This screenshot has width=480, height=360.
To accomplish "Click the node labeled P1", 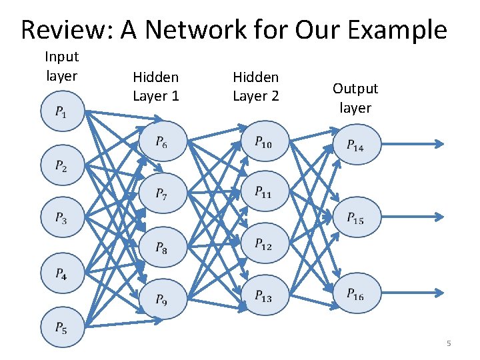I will [x=61, y=112].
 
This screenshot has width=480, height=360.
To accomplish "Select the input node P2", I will [x=61, y=166].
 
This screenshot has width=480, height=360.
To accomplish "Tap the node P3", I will [x=61, y=219].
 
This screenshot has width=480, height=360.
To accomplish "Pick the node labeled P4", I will [x=61, y=273].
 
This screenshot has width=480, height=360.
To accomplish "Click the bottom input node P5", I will [x=61, y=327].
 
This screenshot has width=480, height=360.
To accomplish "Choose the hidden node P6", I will [x=162, y=141].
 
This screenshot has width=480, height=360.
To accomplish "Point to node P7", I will [x=162, y=194].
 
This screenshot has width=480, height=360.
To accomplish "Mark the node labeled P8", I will [x=162, y=247].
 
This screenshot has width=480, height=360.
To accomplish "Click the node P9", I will [x=162, y=301].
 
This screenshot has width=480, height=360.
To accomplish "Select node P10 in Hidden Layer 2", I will [x=263, y=141].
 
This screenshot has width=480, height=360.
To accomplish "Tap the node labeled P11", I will [x=263, y=192].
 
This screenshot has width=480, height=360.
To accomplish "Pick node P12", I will [x=263, y=244].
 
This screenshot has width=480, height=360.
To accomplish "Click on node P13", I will [x=263, y=297].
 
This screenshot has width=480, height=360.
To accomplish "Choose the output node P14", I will [x=355, y=145].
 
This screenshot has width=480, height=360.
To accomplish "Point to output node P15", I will [x=355, y=218].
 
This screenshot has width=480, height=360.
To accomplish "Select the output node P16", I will [x=355, y=294].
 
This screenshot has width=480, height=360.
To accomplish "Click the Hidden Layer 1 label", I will [x=156, y=87].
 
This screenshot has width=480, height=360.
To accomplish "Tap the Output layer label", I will [x=355, y=98].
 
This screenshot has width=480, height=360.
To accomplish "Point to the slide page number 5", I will [x=449, y=343].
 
